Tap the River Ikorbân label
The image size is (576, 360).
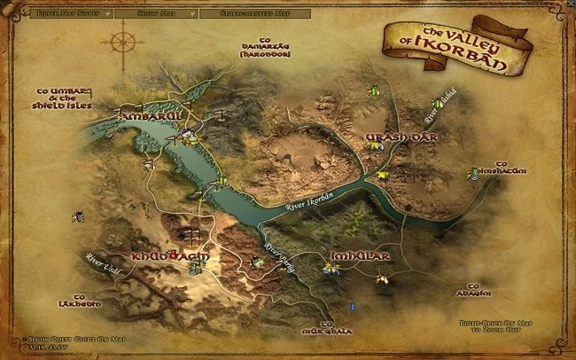click(312, 203)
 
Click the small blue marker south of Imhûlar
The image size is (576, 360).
click(353, 306)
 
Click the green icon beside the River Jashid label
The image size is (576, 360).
click(435, 104)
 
